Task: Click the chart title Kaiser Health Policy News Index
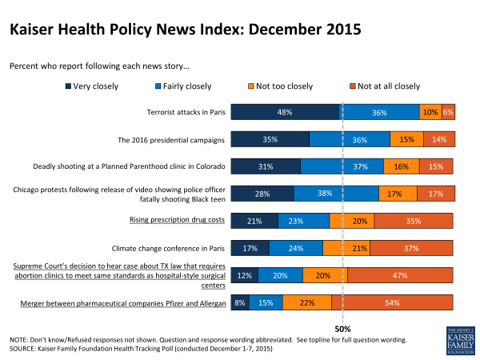(186, 30)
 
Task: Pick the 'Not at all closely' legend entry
(386, 84)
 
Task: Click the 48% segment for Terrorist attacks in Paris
(285, 113)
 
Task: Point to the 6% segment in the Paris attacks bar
(448, 113)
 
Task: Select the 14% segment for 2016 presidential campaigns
(439, 140)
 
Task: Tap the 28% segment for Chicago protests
(262, 194)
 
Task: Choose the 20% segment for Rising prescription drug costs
(351, 221)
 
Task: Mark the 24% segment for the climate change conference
(296, 248)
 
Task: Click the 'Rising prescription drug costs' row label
(178, 220)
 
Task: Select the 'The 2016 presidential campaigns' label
(171, 140)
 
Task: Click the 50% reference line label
(342, 328)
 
